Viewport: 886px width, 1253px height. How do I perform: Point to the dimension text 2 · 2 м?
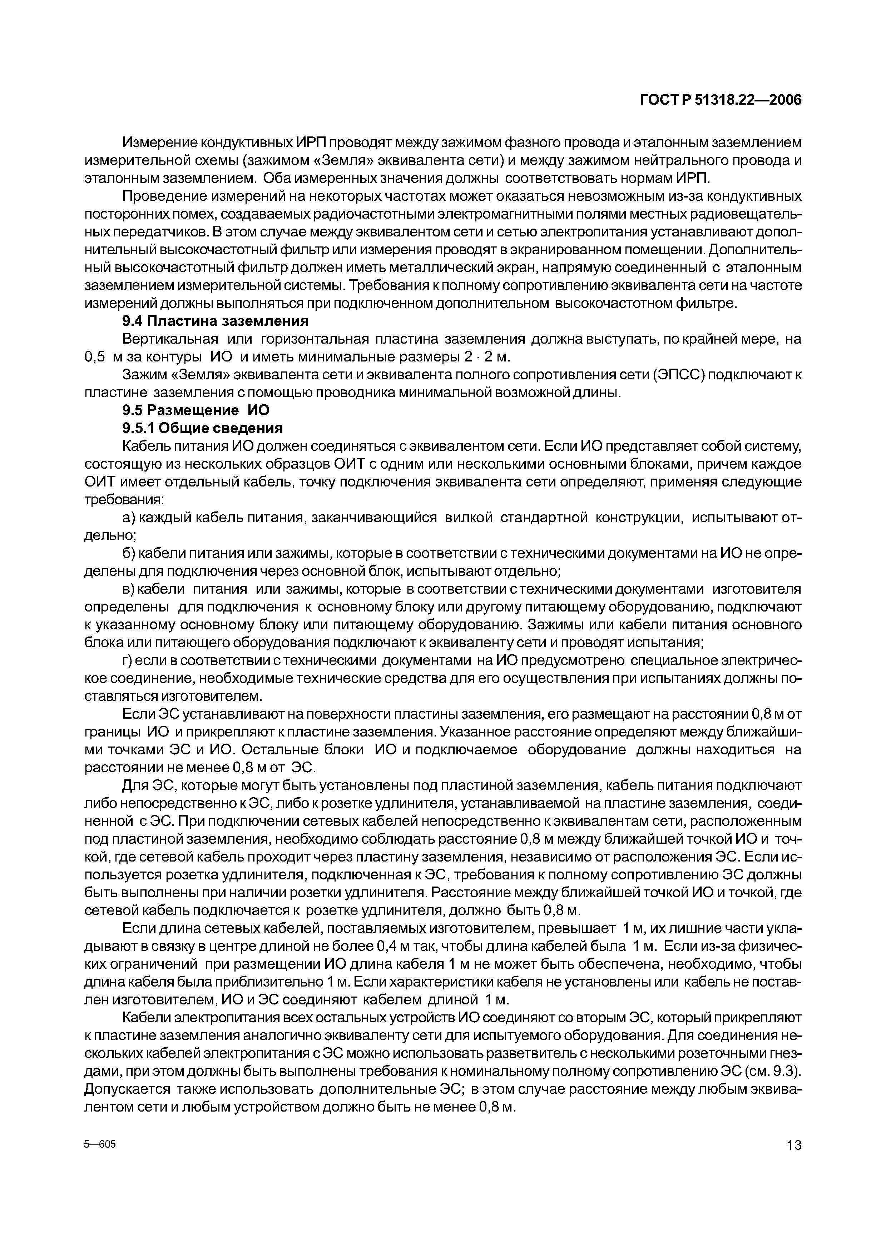(486, 357)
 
